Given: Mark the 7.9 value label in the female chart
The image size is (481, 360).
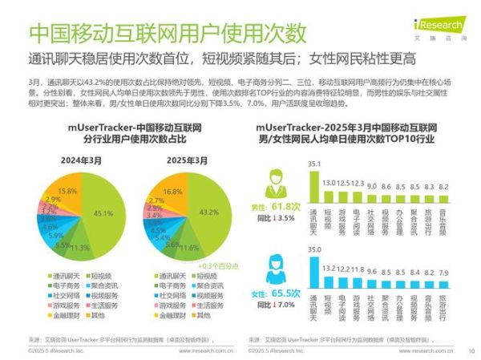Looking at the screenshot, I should coord(445,273).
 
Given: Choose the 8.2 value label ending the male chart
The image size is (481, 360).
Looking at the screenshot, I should coord(445,184).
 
